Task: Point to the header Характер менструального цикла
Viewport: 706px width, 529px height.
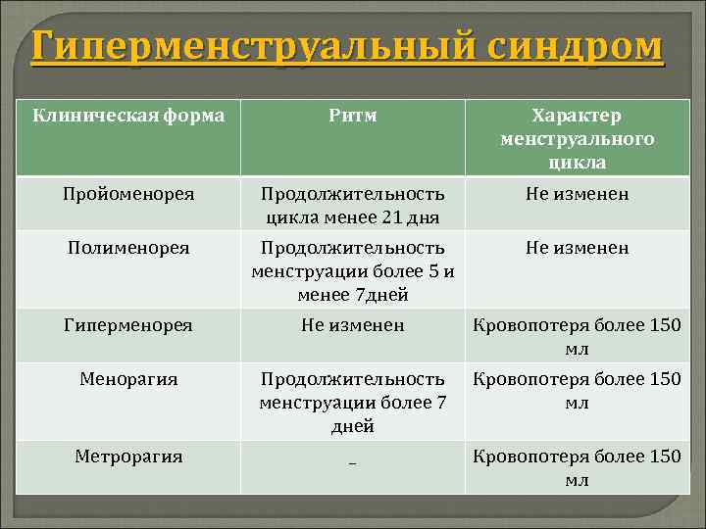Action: pos(577,138)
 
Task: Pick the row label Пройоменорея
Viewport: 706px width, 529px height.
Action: pos(129,194)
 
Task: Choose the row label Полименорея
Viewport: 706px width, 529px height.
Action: pos(129,248)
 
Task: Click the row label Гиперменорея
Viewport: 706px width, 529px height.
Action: pos(129,324)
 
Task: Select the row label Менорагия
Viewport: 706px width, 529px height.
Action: pos(129,378)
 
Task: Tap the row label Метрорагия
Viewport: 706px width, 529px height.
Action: pos(129,456)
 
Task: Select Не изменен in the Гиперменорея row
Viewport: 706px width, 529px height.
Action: pos(352,324)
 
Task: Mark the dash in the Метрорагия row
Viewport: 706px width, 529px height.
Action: pos(352,459)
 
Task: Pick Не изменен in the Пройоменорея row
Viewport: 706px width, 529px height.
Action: pos(577,194)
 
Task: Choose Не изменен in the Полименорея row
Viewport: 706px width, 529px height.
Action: pos(577,248)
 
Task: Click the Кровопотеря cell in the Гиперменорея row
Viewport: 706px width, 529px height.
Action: pos(577,336)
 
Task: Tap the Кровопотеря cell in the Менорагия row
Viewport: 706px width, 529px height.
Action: pos(577,390)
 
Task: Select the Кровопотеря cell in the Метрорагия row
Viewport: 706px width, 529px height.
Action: pos(577,467)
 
